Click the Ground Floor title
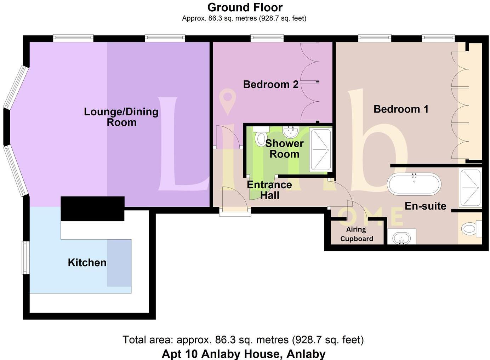pyautogui.click(x=245, y=7)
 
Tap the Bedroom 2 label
pyautogui.click(x=270, y=85)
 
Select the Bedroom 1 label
pyautogui.click(x=401, y=109)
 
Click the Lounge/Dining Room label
pyautogui.click(x=121, y=117)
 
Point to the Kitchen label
pyautogui.click(x=87, y=263)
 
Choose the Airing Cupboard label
pyautogui.click(x=356, y=234)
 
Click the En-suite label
pyautogui.click(x=425, y=206)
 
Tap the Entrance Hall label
pyautogui.click(x=269, y=190)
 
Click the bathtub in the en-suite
pyautogui.click(x=414, y=184)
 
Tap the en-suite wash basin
pyautogui.click(x=402, y=237)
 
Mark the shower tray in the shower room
pyautogui.click(x=320, y=149)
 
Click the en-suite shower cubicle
pyautogui.click(x=470, y=188)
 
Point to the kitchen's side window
pyautogui.click(x=25, y=258)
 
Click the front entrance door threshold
pyautogui.click(x=235, y=212)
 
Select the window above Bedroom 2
pyautogui.click(x=267, y=38)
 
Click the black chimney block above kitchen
pyautogui.click(x=92, y=208)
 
